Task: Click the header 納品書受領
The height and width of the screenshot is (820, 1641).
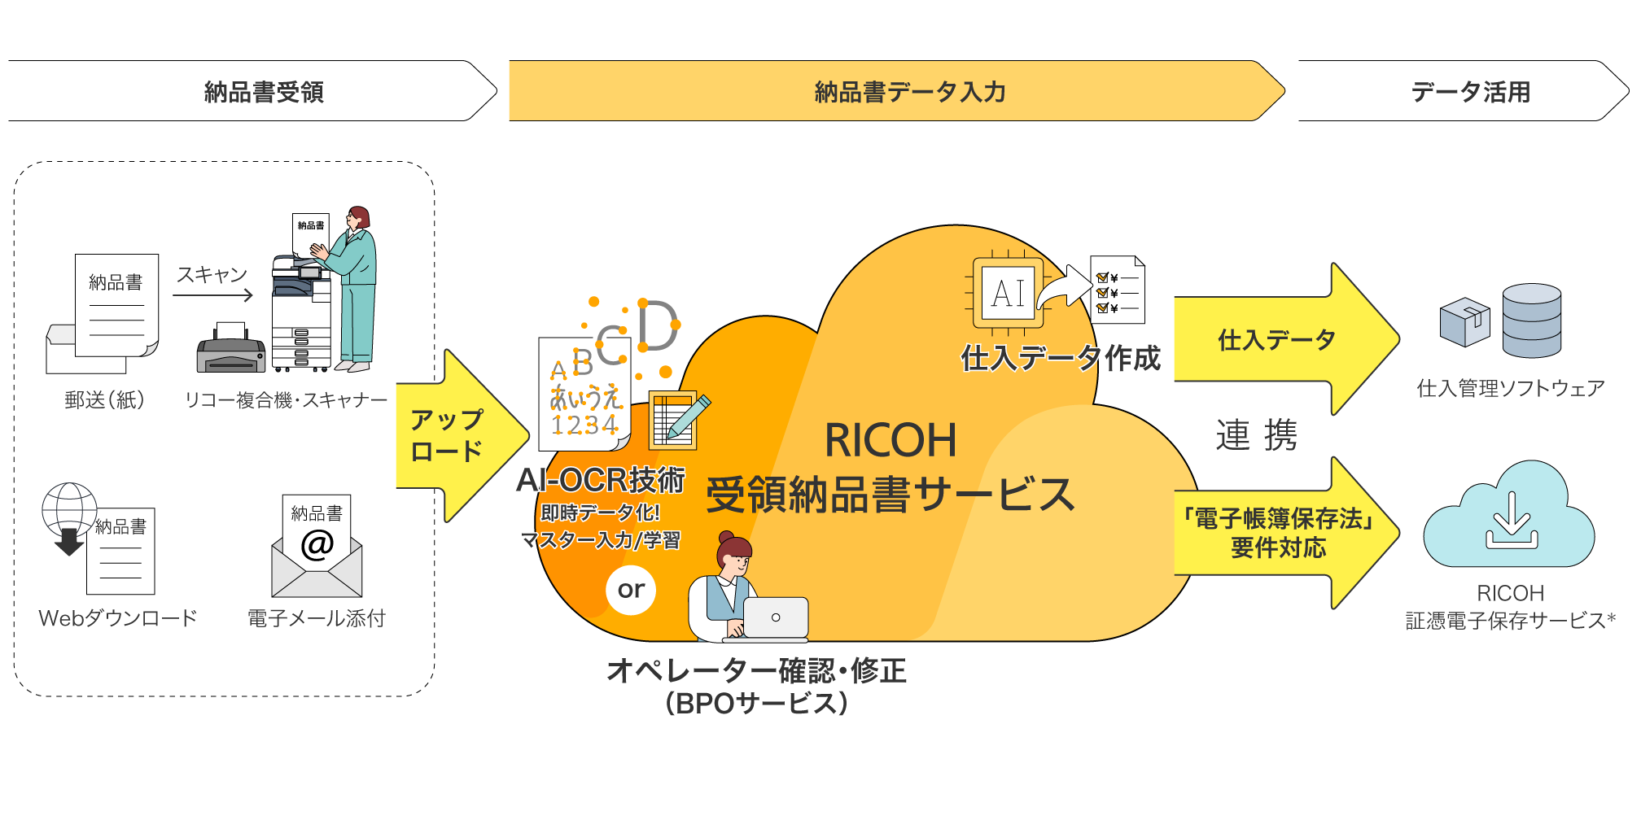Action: tap(263, 92)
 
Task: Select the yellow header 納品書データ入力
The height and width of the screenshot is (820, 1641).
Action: tap(909, 92)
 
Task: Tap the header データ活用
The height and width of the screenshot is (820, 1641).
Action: tap(1470, 92)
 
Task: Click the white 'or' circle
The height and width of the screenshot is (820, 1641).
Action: tap(631, 590)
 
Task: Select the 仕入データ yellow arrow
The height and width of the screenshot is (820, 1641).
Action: tap(1278, 339)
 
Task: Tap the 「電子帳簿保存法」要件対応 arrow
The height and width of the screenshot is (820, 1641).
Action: tap(1278, 533)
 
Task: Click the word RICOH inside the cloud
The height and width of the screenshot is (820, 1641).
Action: tap(891, 441)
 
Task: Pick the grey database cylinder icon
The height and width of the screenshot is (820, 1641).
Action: tap(1531, 321)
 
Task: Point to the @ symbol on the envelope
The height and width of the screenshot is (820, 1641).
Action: tap(317, 544)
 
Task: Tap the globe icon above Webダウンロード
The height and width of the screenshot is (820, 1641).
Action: tap(68, 508)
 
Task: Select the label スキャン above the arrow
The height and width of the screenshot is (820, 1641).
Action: tap(212, 275)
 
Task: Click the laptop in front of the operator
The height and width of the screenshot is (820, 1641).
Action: tap(774, 619)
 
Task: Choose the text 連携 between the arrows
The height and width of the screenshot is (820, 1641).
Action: tap(1256, 435)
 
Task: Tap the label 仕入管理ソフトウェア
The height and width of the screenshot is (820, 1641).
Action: tap(1510, 389)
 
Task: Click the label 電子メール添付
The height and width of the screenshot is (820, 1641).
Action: tap(316, 619)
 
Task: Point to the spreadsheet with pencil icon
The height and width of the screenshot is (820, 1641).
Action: tap(676, 419)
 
